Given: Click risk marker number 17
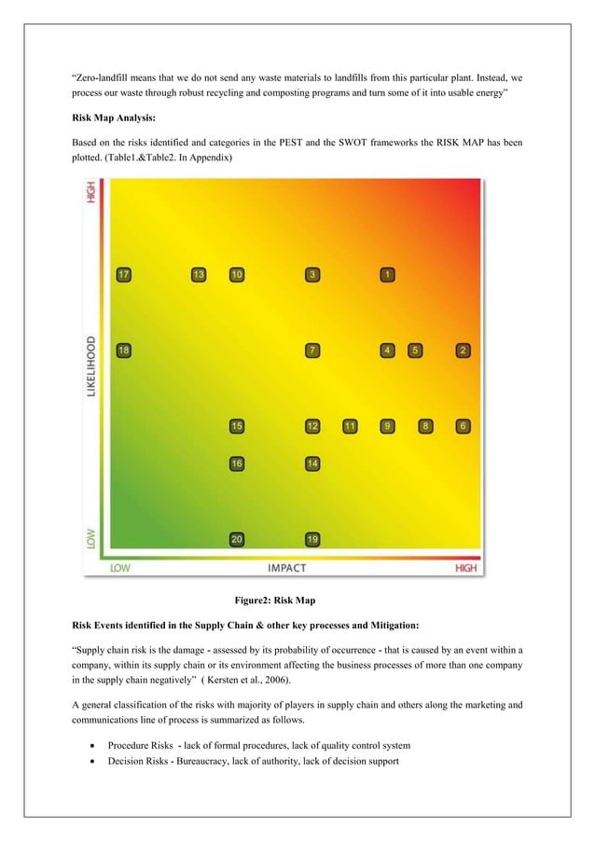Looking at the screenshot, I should point(123,274).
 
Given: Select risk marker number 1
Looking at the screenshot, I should point(387,274).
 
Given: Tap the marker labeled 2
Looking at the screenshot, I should point(463,350).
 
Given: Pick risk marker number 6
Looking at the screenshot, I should point(463,426).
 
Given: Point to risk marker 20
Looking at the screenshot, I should point(237,539).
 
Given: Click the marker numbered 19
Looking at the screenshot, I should point(312,539).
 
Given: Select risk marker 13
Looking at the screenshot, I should point(199,274).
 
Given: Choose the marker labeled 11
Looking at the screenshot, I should point(350,426).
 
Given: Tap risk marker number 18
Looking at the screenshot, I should point(123,350).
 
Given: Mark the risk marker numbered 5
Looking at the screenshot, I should point(415,350).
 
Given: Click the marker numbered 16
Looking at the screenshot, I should point(237,463).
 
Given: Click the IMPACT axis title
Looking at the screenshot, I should point(287,567).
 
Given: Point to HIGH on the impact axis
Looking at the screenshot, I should point(466,567).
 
